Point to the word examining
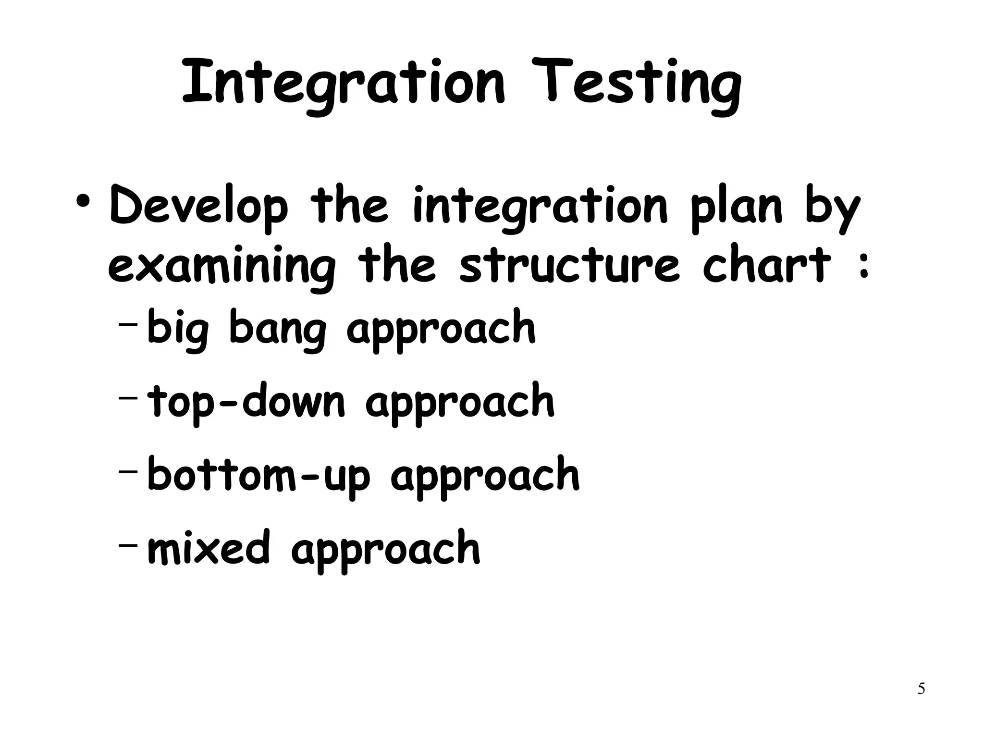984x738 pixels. pos(221,266)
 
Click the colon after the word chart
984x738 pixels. pos(863,267)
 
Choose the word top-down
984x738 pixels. pos(246,402)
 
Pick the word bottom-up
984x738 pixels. pos(258,476)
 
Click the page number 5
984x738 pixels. pos(921,689)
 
